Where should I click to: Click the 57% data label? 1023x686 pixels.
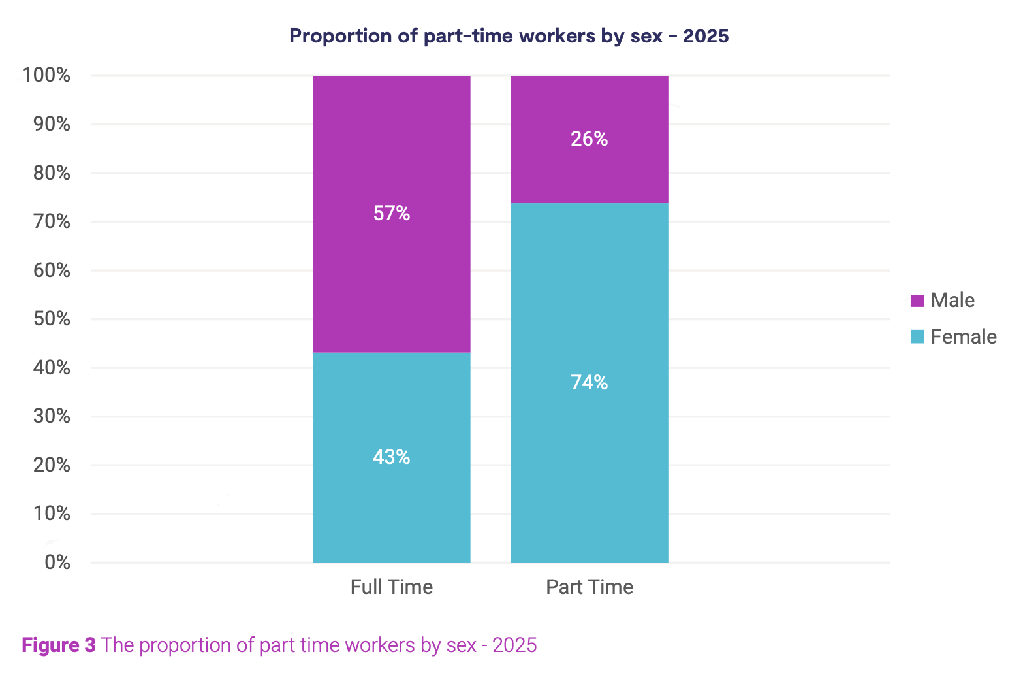coord(392,214)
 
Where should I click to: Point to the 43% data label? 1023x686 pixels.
coord(392,457)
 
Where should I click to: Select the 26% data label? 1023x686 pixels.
coord(590,139)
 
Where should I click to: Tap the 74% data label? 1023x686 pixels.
coord(590,383)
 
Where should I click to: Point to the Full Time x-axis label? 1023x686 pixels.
coord(392,587)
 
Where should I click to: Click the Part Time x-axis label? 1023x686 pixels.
coord(590,587)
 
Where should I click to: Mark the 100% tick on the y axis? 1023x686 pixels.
coord(46,76)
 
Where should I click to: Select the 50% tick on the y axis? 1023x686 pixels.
coord(52,319)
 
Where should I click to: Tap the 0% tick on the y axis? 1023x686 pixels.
coord(57,563)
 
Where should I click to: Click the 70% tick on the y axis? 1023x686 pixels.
coord(52,221)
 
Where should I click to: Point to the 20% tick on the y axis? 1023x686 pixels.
coord(52,465)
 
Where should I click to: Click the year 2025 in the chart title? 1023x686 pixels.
coord(706,36)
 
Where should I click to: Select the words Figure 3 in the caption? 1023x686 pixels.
coord(59,645)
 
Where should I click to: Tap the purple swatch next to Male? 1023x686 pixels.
coord(917,301)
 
